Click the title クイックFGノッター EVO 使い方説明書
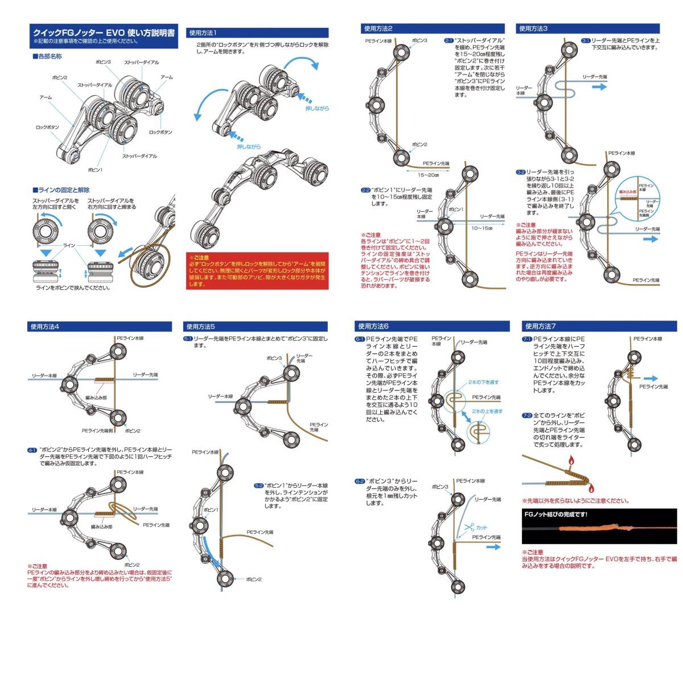click(x=104, y=32)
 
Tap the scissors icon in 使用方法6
click(x=468, y=528)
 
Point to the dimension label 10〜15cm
click(x=481, y=228)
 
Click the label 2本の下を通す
click(x=483, y=382)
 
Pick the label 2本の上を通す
click(x=487, y=411)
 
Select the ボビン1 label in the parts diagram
click(x=94, y=170)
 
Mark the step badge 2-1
click(x=448, y=41)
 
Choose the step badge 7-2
click(x=527, y=416)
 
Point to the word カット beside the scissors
click(x=482, y=528)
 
